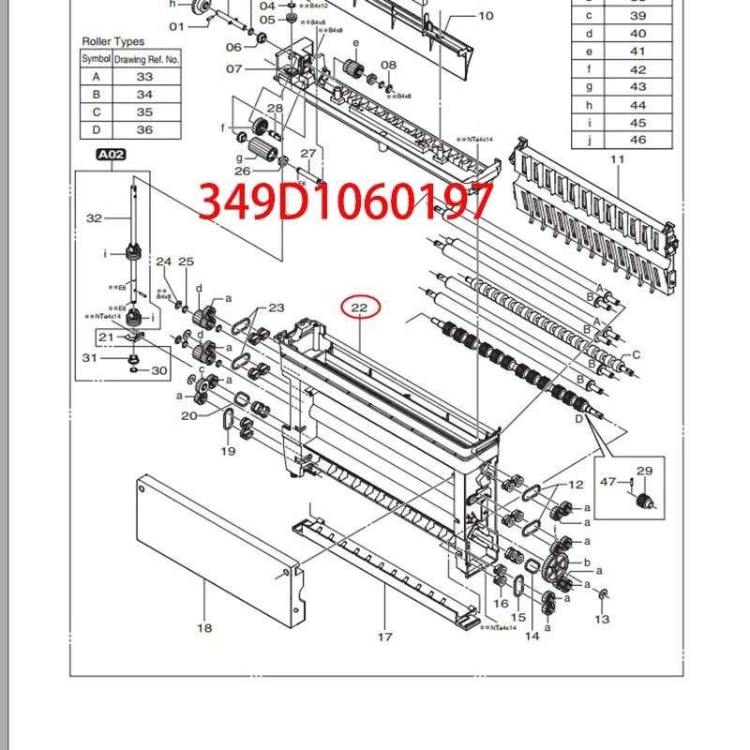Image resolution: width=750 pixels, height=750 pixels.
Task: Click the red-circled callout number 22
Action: [359, 307]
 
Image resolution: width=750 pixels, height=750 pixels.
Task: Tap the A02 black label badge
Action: [110, 156]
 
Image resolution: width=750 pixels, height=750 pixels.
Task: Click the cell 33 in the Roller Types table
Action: [144, 77]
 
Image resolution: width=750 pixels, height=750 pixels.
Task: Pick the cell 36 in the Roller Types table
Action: [144, 130]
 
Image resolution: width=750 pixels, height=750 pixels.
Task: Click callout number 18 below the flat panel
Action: [204, 627]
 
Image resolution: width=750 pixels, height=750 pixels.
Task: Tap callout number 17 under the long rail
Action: [384, 637]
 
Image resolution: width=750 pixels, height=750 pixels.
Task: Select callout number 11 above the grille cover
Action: [617, 160]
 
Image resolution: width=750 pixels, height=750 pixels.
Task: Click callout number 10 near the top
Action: [486, 15]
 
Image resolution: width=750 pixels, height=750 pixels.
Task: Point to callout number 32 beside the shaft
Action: [94, 217]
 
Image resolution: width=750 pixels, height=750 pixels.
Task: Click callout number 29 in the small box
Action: [644, 471]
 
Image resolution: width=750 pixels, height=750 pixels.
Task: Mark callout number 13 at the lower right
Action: [602, 619]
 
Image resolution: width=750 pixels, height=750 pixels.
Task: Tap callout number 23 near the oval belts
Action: [276, 307]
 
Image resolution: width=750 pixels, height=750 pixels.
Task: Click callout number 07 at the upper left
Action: [233, 68]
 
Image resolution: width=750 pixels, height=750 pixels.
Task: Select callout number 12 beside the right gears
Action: [576, 484]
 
